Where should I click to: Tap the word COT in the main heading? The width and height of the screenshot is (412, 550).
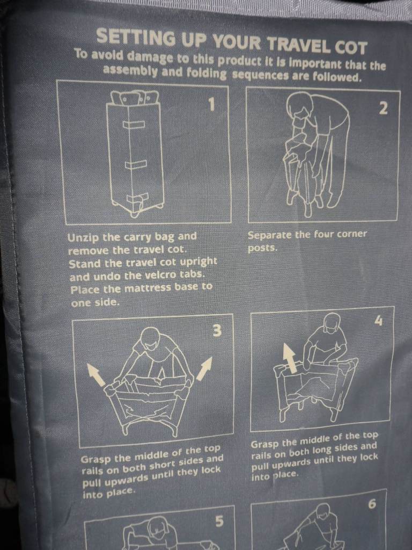[x=351, y=47]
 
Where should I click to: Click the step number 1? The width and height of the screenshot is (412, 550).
[x=211, y=104]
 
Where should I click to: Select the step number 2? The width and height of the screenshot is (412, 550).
[x=384, y=108]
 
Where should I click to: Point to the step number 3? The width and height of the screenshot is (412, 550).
[x=217, y=330]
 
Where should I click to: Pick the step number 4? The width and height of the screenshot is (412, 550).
[x=379, y=320]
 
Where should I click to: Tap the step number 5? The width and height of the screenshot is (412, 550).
[x=219, y=521]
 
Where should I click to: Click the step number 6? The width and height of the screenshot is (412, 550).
[x=372, y=504]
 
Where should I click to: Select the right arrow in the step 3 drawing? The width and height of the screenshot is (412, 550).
[x=204, y=368]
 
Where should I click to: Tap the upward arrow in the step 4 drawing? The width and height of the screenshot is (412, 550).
[x=290, y=357]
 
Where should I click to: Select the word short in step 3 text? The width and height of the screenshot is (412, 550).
[x=164, y=466]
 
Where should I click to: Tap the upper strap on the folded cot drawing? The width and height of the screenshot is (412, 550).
[x=134, y=125]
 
